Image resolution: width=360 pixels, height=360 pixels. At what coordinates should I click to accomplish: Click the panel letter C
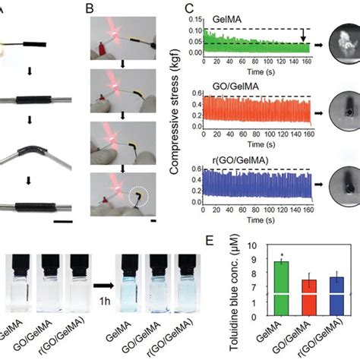[x=189, y=8]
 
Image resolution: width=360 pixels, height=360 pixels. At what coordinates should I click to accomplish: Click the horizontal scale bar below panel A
[x=63, y=222]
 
